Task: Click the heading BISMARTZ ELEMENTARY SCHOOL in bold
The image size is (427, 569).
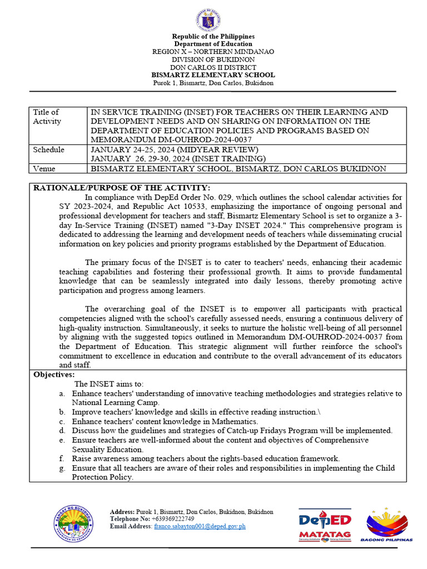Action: click(213, 75)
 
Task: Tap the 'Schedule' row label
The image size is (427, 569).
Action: click(48, 150)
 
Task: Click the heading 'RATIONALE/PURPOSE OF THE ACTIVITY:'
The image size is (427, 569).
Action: click(122, 188)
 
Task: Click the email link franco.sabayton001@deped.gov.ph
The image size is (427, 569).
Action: click(200, 526)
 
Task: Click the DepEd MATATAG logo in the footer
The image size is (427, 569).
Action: click(325, 524)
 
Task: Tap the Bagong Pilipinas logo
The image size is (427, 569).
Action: click(389, 524)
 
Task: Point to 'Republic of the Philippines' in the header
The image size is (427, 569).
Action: click(213, 37)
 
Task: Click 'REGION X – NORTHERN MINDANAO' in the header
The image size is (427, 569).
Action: click(213, 52)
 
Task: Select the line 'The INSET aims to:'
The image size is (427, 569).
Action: click(109, 384)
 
